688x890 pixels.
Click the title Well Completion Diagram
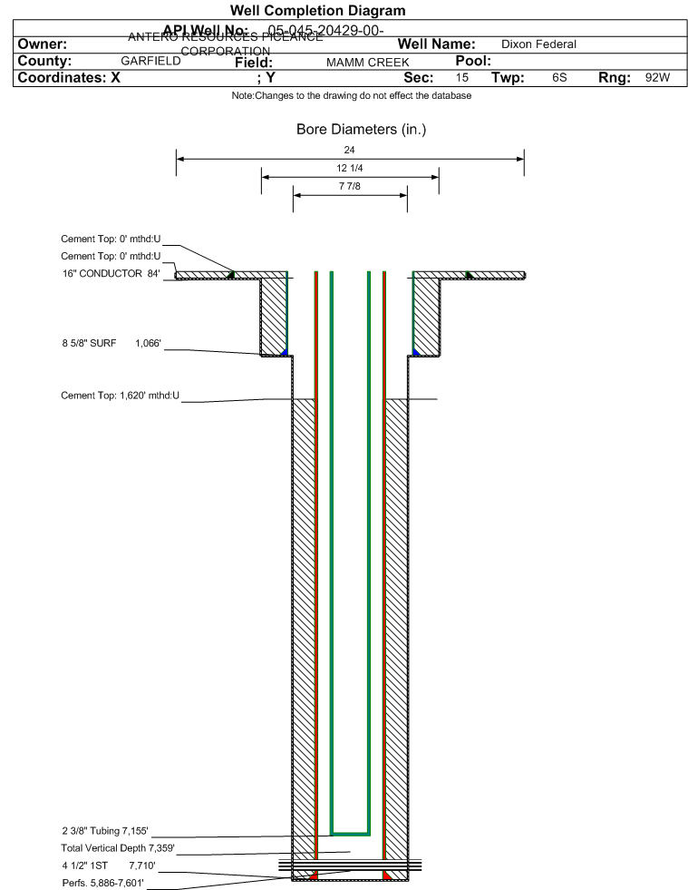tap(317, 11)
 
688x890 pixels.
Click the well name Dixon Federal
tap(538, 44)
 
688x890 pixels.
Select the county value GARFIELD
tap(150, 62)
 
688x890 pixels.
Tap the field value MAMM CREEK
tap(367, 63)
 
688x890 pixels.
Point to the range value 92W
tap(657, 78)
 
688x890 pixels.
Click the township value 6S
tap(559, 78)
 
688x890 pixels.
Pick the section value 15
tap(462, 78)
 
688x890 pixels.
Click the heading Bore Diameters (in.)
tap(361, 130)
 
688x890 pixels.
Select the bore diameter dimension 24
tap(350, 150)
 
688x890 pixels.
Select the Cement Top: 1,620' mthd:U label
tap(121, 396)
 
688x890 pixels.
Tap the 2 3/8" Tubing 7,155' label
tap(104, 830)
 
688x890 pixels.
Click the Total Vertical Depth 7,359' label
tap(111, 847)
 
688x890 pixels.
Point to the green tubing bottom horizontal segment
tap(350, 832)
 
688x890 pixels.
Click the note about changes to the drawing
tap(351, 96)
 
